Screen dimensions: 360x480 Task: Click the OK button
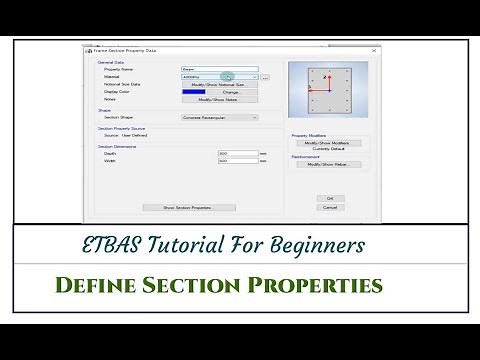tap(329, 198)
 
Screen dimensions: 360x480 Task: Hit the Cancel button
tap(329, 207)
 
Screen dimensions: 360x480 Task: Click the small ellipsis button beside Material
tap(266, 77)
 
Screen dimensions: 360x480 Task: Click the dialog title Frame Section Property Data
tap(124, 49)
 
